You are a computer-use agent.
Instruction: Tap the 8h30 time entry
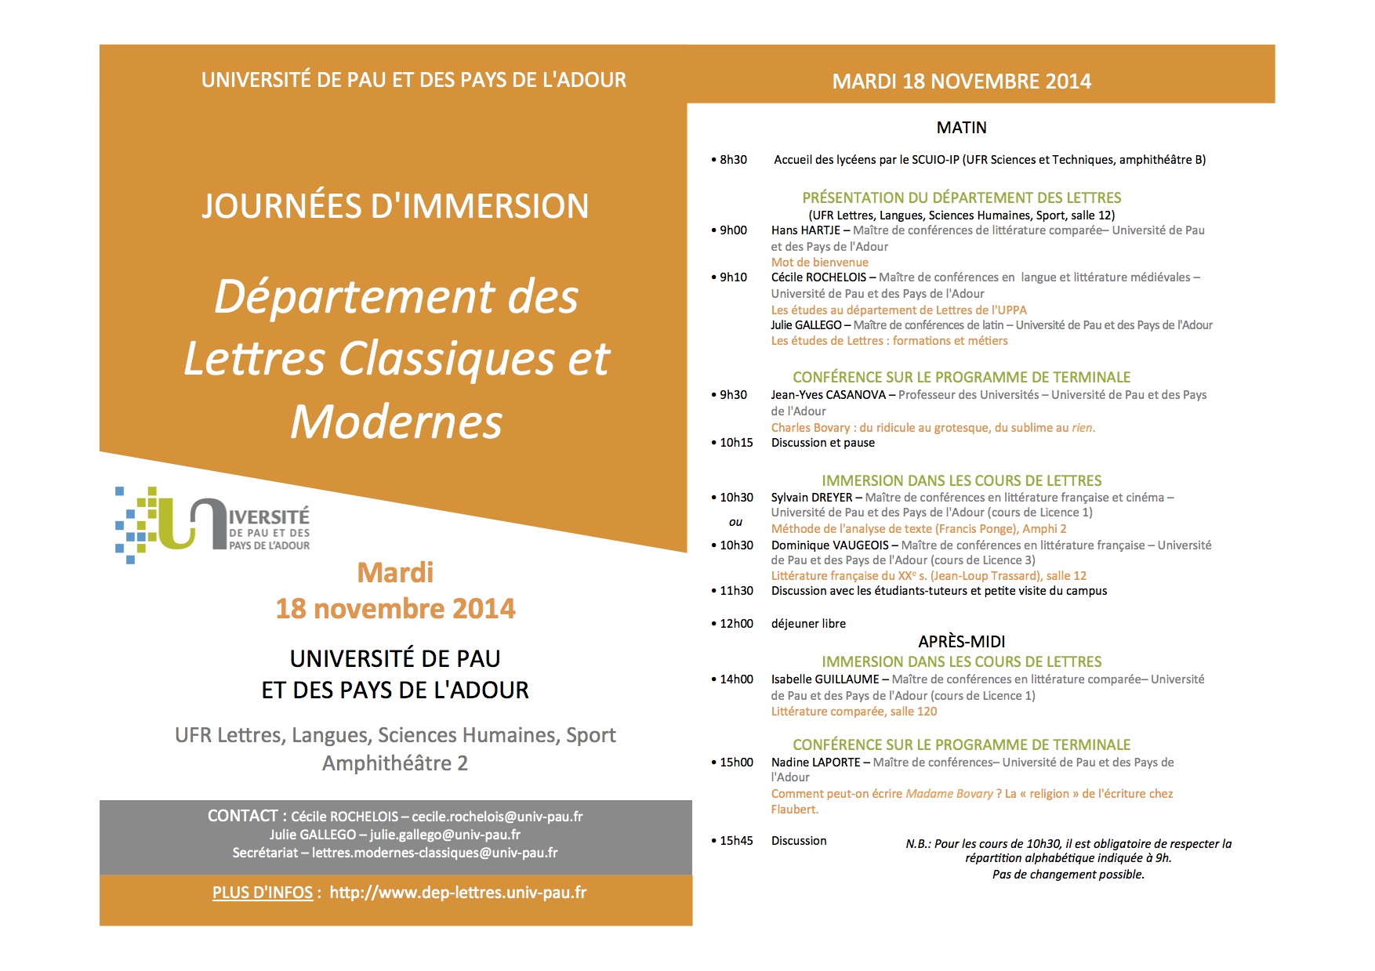point(733,160)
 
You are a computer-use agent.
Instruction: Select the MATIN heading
point(961,128)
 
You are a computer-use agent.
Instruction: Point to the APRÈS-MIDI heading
point(961,642)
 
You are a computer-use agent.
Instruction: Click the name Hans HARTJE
point(805,230)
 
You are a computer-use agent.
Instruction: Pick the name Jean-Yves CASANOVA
point(828,395)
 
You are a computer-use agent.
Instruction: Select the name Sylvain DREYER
point(811,498)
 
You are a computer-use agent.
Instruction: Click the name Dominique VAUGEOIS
point(829,545)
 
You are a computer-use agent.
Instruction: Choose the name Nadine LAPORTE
point(815,763)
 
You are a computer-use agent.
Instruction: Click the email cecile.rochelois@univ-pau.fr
point(497,817)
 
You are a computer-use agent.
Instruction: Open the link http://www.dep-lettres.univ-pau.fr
point(458,893)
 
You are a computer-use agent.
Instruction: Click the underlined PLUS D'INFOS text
point(263,893)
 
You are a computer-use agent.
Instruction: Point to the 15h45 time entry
point(736,841)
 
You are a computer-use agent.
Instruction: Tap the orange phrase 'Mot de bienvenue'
point(819,263)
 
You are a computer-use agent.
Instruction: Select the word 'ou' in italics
point(735,522)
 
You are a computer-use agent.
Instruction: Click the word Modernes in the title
point(396,422)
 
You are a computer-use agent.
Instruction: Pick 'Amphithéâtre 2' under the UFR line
point(395,763)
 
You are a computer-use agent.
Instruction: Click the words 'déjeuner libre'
point(808,624)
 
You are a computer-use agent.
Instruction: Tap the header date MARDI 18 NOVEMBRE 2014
point(961,82)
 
